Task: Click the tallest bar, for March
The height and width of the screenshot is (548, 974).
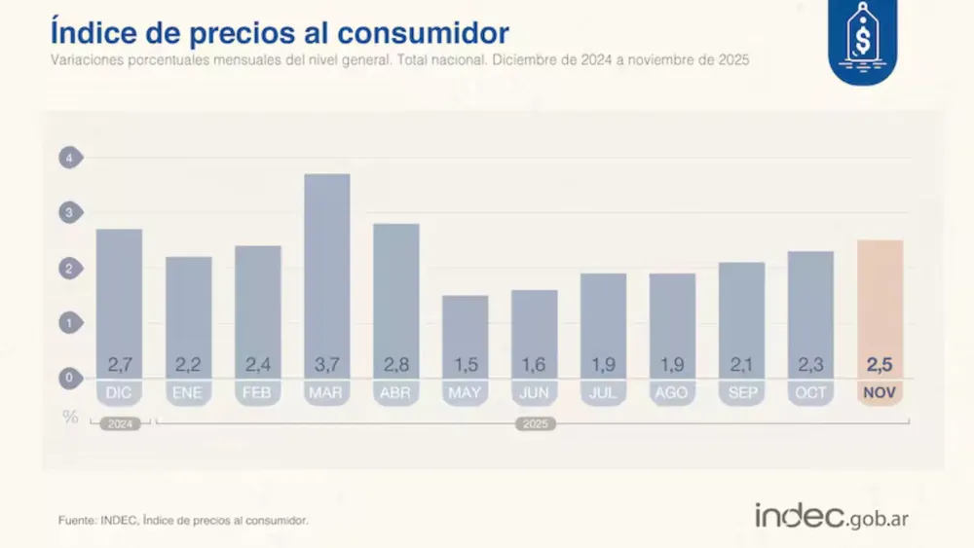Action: coord(327,263)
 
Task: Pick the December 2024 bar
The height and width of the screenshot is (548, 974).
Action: coord(119,292)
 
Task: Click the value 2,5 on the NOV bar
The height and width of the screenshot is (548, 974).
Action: coord(880,365)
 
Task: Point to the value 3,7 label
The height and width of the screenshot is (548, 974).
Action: coord(327,365)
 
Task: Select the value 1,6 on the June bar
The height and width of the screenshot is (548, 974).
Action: coord(535,365)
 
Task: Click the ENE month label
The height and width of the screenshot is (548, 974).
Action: coord(188,393)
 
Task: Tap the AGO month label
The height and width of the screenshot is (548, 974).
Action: coord(673,393)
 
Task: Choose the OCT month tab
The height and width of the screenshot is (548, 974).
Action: coord(810,393)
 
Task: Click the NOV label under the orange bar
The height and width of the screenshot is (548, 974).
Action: coord(880,393)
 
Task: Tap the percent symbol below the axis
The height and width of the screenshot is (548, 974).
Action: coord(70,417)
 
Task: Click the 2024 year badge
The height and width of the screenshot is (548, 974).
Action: coord(119,424)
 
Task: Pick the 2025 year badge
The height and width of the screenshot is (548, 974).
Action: coord(535,424)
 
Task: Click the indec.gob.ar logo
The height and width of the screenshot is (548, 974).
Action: coord(831,517)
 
